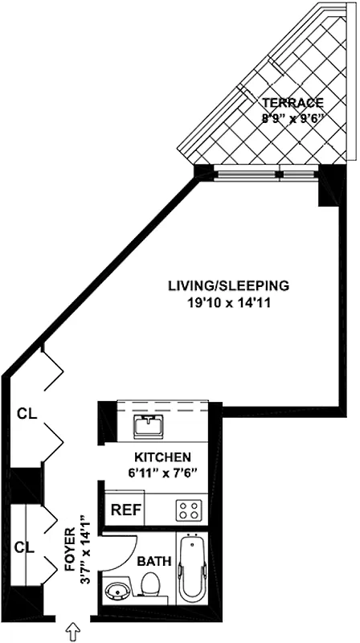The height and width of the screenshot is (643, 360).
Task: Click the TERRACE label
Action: tap(292, 103)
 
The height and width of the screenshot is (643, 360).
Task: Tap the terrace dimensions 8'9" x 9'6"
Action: tap(292, 117)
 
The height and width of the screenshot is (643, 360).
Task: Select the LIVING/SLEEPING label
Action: tap(227, 286)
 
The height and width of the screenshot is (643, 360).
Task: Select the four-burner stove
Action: tap(188, 509)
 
